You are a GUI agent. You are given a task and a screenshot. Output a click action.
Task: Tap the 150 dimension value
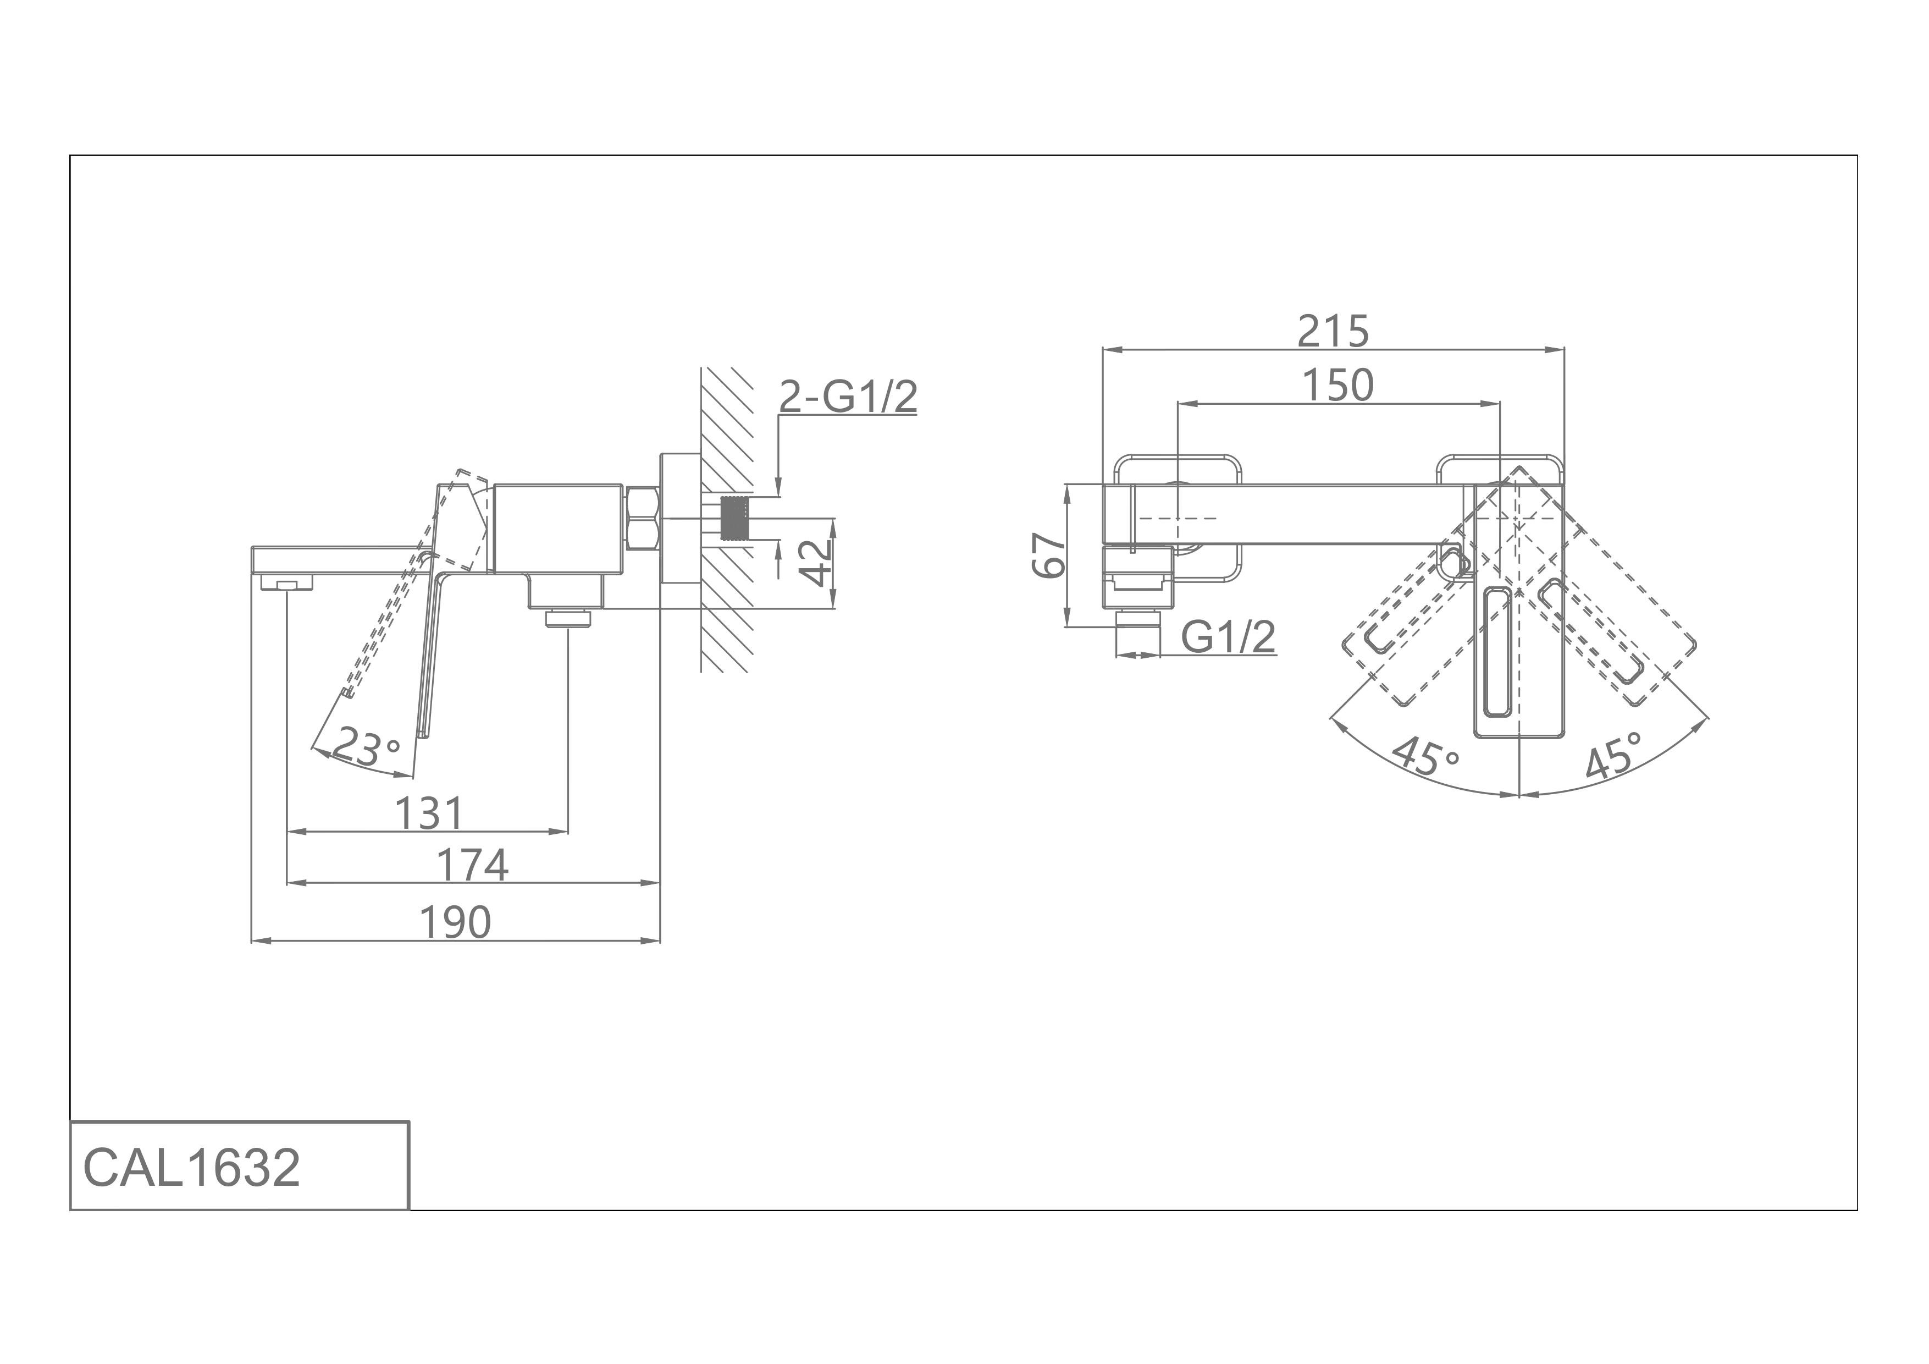coord(1337,386)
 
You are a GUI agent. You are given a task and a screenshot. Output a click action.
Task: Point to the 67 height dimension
coord(1048,555)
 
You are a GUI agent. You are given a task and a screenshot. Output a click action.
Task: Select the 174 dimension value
coord(472,866)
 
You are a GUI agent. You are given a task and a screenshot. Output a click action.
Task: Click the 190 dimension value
coord(455,923)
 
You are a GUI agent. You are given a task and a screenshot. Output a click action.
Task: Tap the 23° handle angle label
coord(366,747)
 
